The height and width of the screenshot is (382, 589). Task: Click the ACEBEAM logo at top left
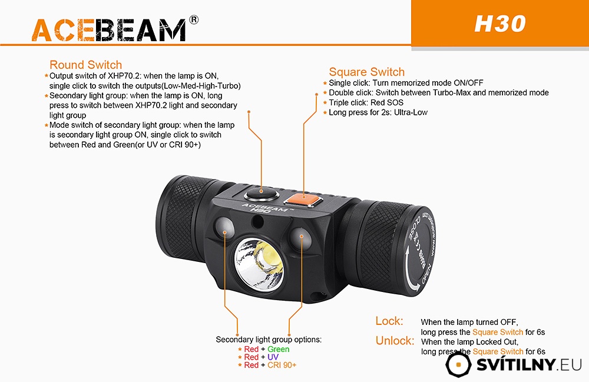[109, 29]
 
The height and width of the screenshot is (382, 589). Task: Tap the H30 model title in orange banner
[500, 24]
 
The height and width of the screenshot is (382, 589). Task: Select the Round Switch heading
[85, 65]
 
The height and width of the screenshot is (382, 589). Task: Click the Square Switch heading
[366, 72]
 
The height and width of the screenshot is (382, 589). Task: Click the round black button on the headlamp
[262, 194]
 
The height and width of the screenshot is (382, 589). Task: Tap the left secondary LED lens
[224, 228]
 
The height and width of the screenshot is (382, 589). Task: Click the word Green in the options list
[279, 349]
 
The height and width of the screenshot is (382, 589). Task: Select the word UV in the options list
[273, 357]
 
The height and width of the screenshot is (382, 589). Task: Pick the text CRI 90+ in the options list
[282, 365]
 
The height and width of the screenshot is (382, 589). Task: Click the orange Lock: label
[389, 321]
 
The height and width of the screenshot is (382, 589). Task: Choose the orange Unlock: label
[395, 340]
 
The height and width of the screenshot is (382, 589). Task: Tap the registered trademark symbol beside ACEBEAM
[193, 19]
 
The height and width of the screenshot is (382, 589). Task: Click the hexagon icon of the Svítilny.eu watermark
[458, 364]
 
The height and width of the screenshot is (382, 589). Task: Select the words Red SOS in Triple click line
[387, 102]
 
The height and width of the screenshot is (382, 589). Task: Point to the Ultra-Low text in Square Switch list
[411, 112]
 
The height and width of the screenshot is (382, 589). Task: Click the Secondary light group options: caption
[269, 340]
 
